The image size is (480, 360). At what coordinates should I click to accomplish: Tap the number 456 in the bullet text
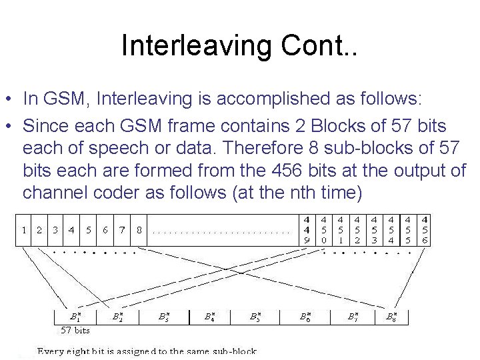(x=311, y=171)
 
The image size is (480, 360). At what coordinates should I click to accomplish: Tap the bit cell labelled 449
(x=306, y=230)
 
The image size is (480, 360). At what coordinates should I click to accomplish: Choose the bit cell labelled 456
(x=425, y=230)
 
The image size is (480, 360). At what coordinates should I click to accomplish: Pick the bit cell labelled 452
(x=357, y=230)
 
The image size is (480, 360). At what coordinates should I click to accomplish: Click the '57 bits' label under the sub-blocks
(x=75, y=330)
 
